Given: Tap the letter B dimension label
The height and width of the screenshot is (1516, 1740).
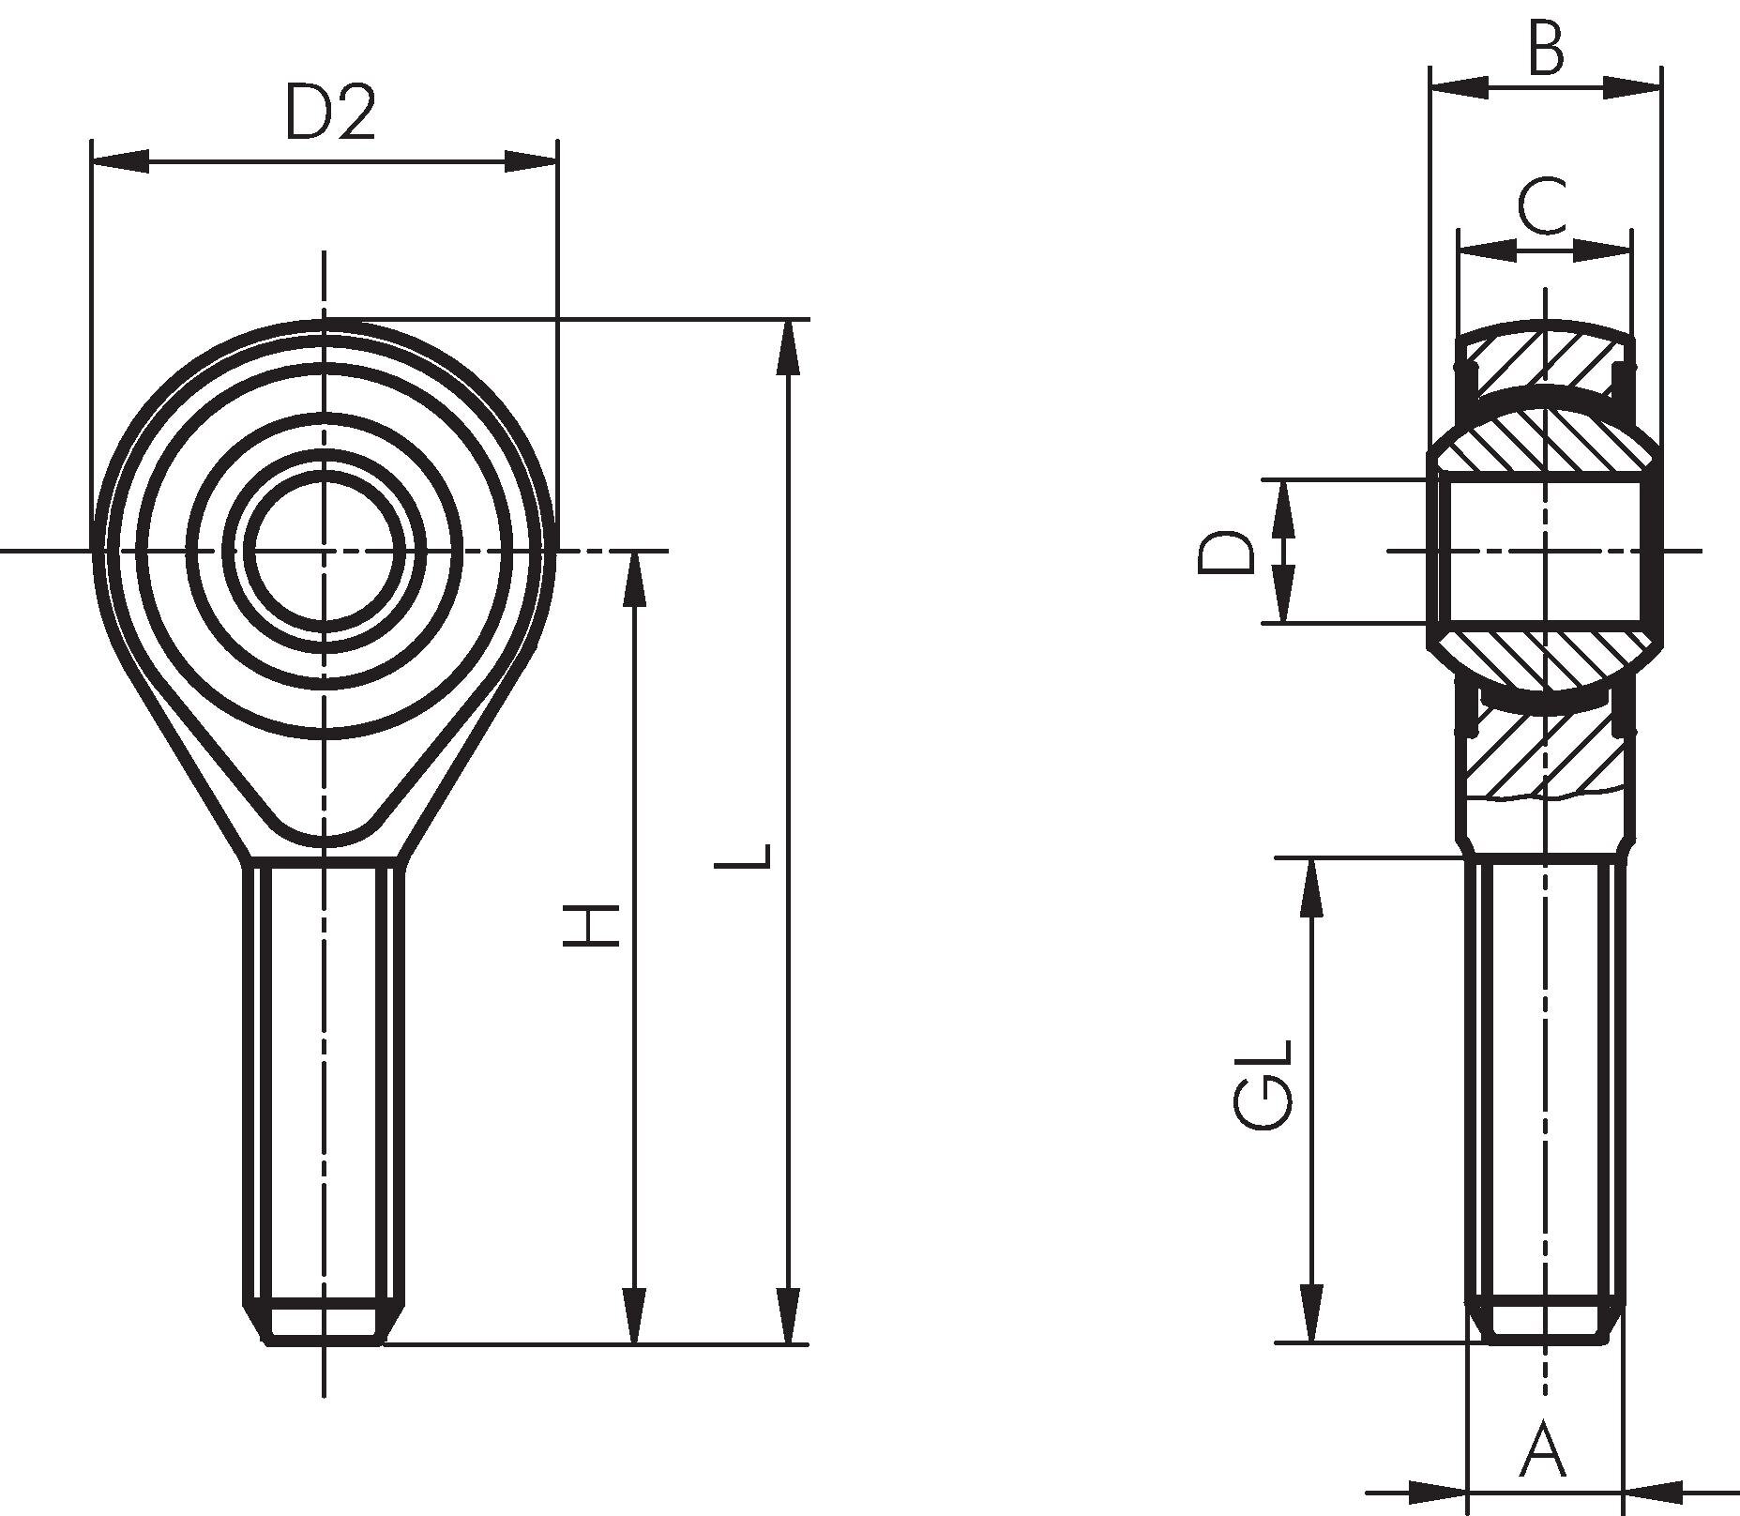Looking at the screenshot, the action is coord(1547,48).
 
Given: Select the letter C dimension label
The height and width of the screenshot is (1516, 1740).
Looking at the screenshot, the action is coord(1542,206).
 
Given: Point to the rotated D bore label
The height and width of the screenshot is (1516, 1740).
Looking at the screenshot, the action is coord(1226,552).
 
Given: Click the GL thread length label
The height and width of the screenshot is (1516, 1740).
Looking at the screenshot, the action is coord(1263,1084).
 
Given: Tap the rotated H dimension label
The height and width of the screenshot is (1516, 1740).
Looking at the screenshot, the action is coord(592,925).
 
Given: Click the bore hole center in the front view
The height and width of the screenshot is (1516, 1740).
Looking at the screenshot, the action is coord(325,550).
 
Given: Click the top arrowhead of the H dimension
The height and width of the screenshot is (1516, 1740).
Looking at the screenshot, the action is coord(635,580).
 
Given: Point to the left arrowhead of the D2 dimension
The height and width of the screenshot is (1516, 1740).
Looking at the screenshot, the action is coord(120,161).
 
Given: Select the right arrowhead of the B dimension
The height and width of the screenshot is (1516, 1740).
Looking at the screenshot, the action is coord(1632,88).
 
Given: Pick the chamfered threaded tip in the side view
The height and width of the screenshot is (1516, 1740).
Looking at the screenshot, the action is coord(1544,1321).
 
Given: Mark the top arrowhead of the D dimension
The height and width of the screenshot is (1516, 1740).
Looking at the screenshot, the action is coord(1284,508).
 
